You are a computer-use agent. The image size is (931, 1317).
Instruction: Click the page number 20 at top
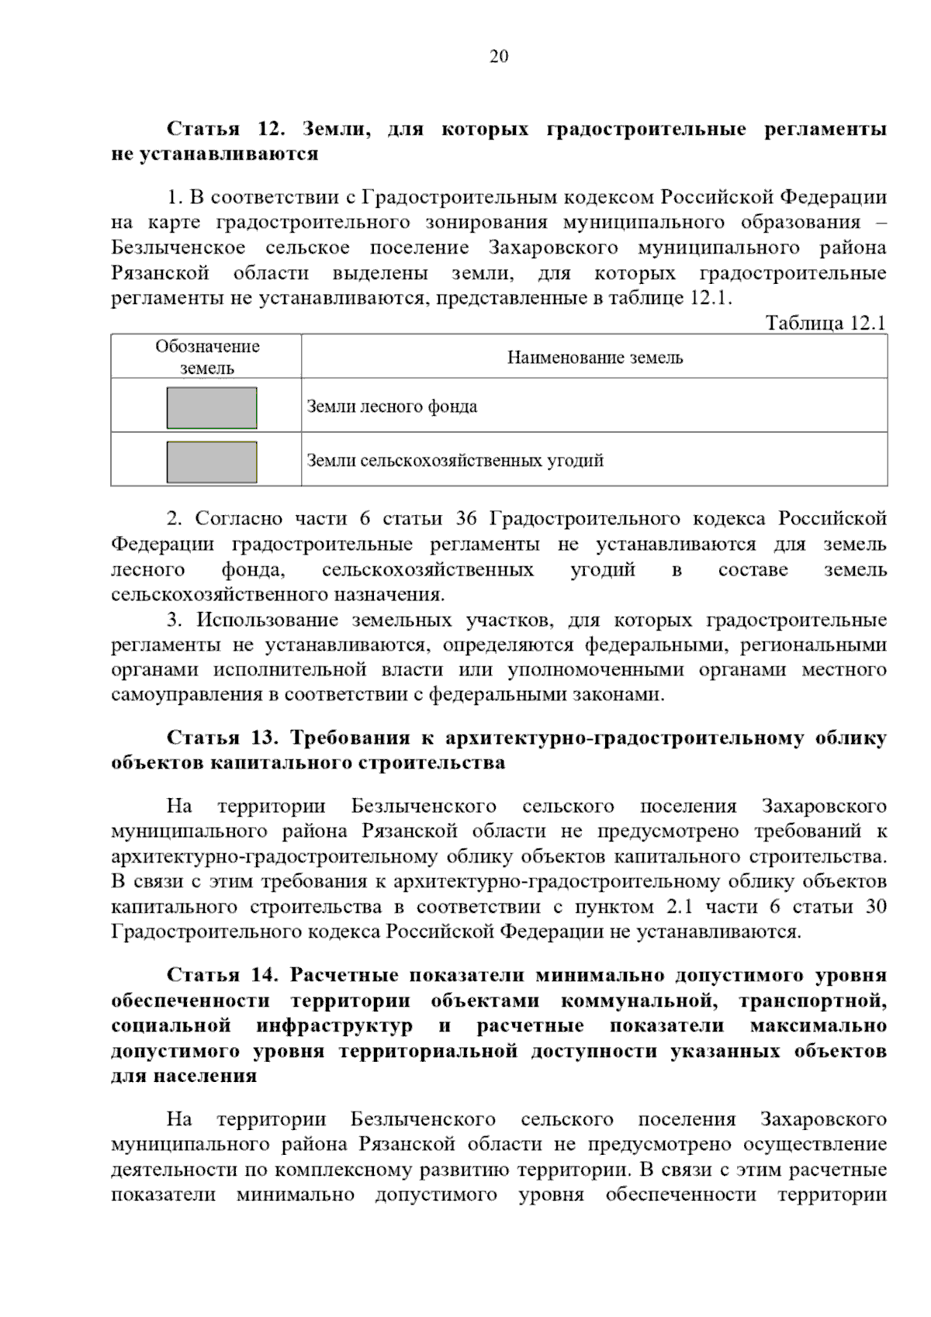499,56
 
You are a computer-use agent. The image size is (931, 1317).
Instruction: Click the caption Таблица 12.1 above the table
825,323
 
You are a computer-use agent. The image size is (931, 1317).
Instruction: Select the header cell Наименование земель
594,358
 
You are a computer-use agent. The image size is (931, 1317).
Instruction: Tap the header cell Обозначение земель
206,358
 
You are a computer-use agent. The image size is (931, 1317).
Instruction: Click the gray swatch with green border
212,408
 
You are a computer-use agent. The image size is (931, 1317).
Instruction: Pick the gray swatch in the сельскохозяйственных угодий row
212,462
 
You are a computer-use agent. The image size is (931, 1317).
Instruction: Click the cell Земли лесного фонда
392,406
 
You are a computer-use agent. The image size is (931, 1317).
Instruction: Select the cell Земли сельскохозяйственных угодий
455,461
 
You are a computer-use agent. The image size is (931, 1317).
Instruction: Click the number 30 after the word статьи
875,907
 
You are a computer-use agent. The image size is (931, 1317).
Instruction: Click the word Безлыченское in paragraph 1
178,248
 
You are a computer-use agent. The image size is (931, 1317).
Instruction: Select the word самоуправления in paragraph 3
183,694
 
